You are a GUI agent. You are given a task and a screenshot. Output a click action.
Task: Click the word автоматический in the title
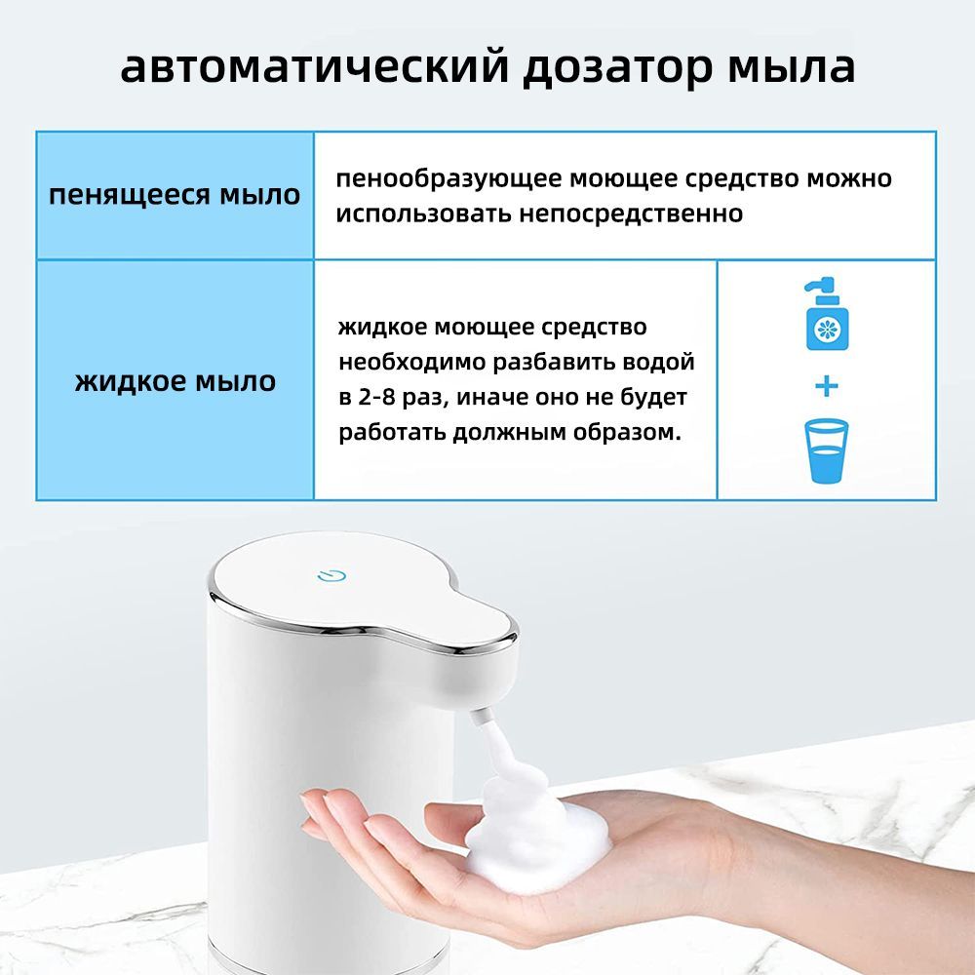315,66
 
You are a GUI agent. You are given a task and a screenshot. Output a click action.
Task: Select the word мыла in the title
791,67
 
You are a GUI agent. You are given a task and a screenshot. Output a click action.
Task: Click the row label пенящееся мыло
175,195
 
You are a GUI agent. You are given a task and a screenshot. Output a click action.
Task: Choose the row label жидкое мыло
175,380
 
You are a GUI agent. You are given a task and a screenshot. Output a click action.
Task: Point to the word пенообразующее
448,179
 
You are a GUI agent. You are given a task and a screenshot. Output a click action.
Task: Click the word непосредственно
631,214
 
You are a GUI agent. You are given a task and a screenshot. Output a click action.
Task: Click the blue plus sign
827,386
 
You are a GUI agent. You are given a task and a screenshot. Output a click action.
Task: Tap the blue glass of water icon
827,450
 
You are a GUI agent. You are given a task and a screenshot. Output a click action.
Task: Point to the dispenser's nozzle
478,717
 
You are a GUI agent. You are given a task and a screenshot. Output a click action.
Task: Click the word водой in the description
659,362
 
